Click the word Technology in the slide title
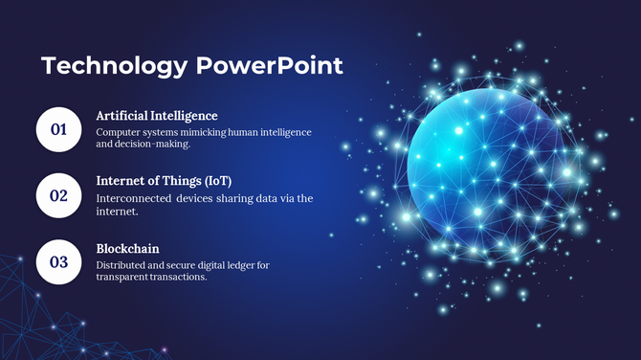click(115, 66)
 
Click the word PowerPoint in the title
click(270, 66)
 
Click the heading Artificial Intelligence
click(157, 116)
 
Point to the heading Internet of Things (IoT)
click(165, 180)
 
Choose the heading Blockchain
click(127, 248)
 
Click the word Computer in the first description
click(117, 132)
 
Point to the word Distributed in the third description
click(119, 264)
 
